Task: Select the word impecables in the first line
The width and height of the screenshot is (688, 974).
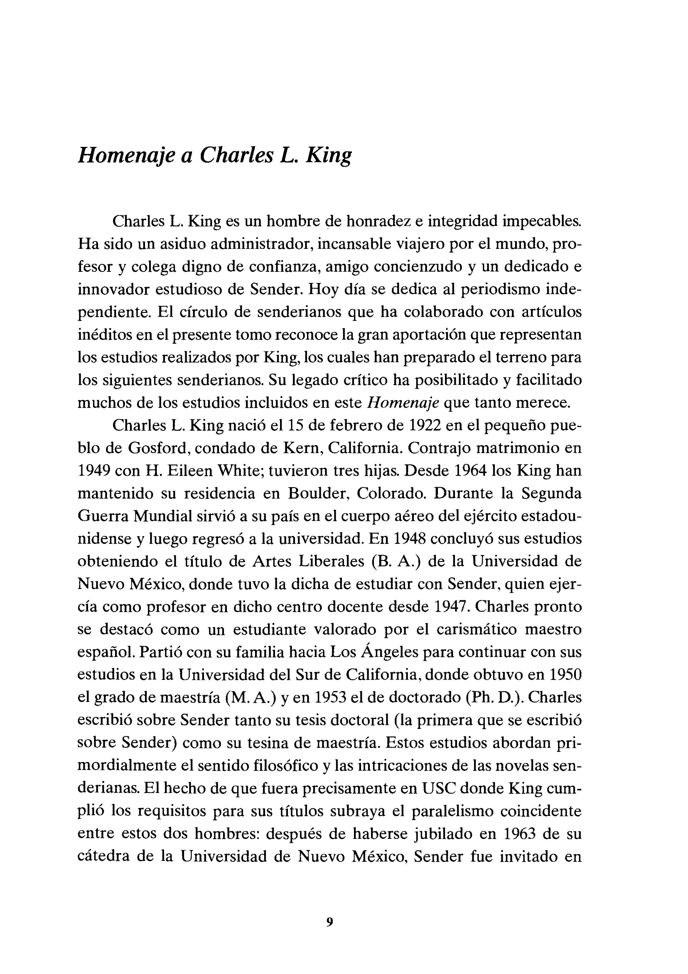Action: [x=542, y=222]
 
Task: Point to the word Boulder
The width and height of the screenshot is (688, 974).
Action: [x=318, y=493]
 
